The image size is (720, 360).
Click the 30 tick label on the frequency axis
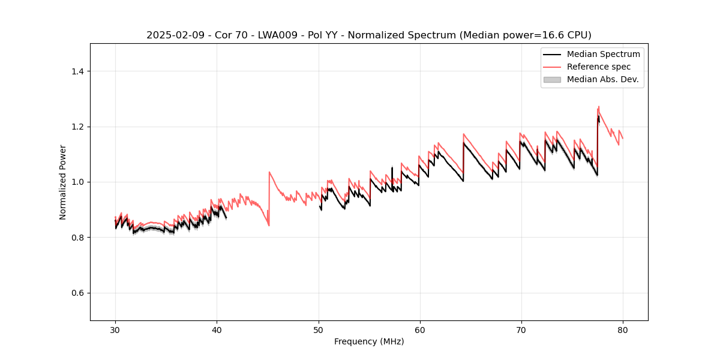click(115, 330)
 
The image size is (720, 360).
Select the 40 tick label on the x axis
click(217, 330)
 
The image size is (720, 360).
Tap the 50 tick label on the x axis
click(319, 330)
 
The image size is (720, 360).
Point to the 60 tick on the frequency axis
click(420, 330)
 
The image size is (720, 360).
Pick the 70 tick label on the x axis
click(521, 330)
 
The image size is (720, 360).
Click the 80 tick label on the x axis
click(623, 330)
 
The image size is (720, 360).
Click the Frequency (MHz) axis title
click(369, 341)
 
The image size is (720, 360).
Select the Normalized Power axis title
click(63, 182)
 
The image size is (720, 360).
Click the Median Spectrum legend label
click(603, 54)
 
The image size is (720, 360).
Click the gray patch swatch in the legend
click(552, 79)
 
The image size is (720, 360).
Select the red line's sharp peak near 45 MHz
click(269, 172)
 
